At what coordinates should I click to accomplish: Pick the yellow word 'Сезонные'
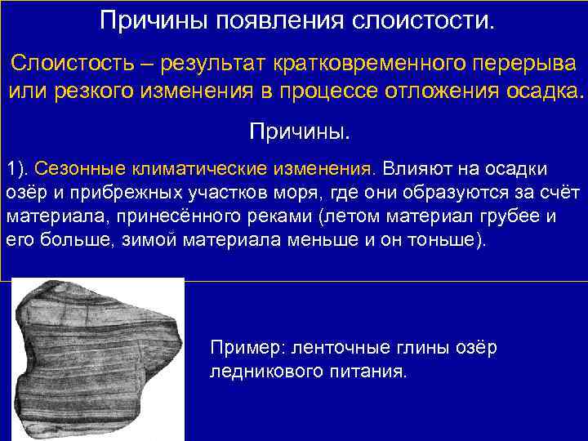tap(74, 169)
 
